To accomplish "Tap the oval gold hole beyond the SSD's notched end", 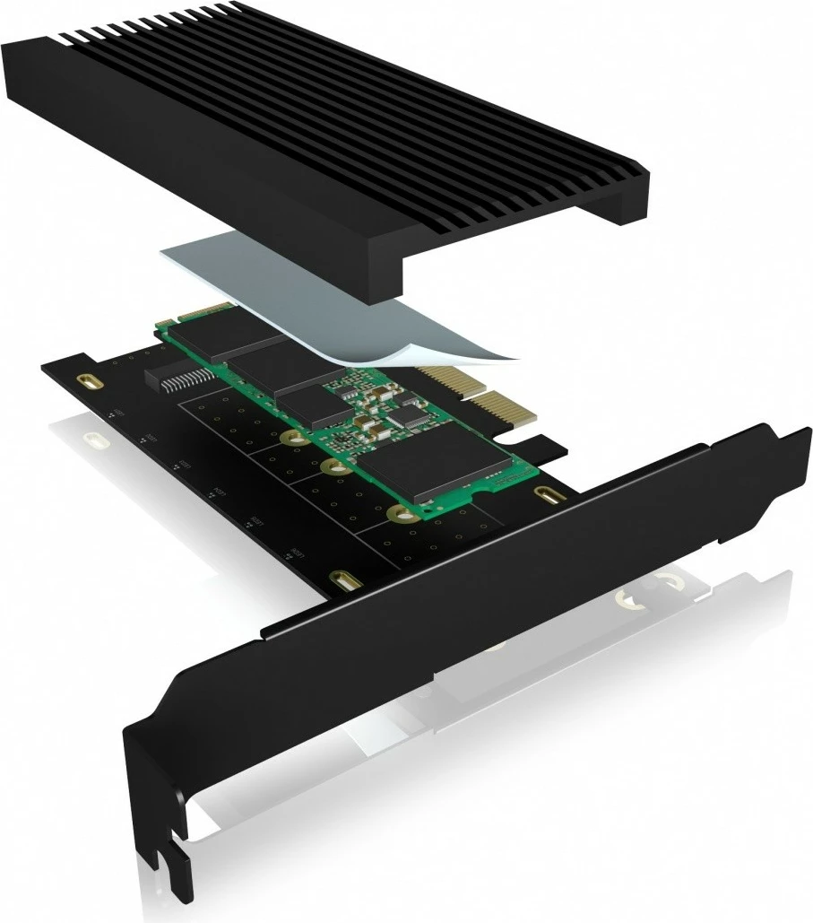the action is pos(544,493).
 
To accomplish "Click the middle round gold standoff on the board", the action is pos(331,466).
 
